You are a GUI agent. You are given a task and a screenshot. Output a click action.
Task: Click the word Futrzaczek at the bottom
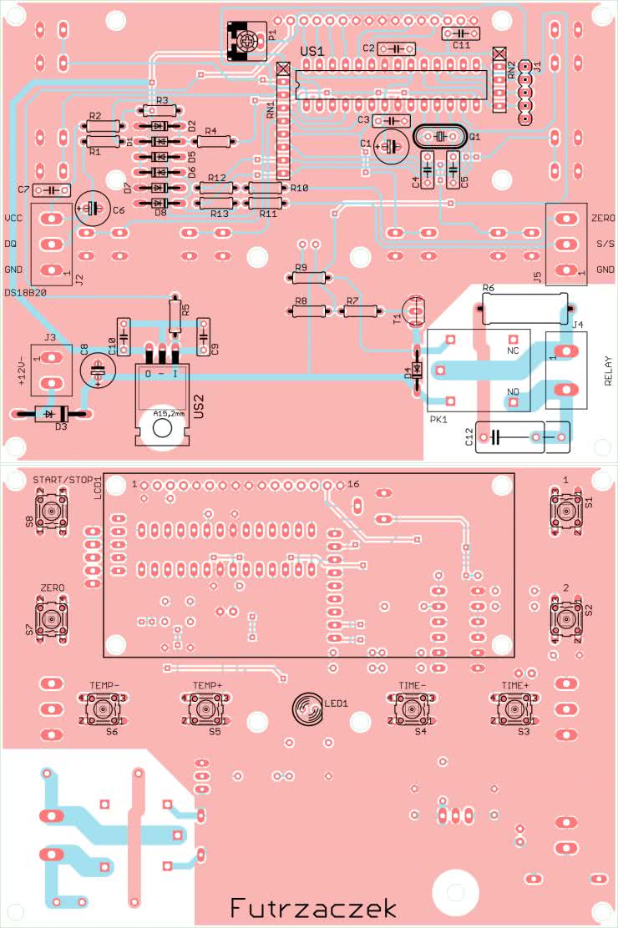pyautogui.click(x=313, y=908)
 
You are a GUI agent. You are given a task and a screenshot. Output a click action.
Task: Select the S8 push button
pyautogui.click(x=53, y=511)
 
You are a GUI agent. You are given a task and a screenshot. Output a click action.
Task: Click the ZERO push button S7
pyautogui.click(x=53, y=620)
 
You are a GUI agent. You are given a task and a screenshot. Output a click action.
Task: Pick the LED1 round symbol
pyautogui.click(x=307, y=709)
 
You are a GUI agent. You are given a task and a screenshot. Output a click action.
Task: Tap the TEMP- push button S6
pyautogui.click(x=103, y=709)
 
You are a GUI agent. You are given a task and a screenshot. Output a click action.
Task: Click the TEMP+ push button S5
pyautogui.click(x=206, y=709)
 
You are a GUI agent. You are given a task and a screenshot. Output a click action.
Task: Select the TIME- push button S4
pyautogui.click(x=412, y=709)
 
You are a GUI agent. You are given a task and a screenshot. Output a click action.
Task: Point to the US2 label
pyautogui.click(x=198, y=407)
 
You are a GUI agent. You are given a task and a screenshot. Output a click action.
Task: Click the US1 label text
pyautogui.click(x=312, y=53)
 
